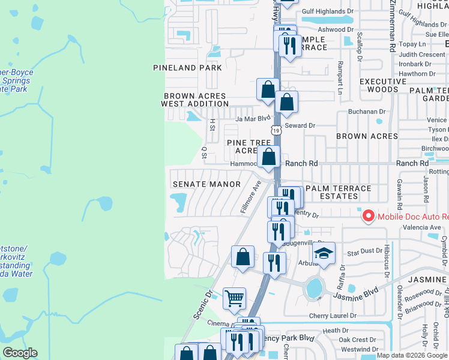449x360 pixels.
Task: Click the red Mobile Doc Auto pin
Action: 367,215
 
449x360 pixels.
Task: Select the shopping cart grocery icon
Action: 234,298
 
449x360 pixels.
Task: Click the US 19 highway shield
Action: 276,130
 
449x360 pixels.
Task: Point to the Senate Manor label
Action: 206,184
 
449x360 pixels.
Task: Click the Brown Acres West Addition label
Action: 195,100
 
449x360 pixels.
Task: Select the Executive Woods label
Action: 383,85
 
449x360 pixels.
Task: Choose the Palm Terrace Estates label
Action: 338,192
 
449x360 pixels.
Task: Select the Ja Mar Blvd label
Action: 253,119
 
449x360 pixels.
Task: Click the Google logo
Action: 20,353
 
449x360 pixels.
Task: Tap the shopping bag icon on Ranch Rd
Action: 270,158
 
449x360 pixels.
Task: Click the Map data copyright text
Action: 412,355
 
